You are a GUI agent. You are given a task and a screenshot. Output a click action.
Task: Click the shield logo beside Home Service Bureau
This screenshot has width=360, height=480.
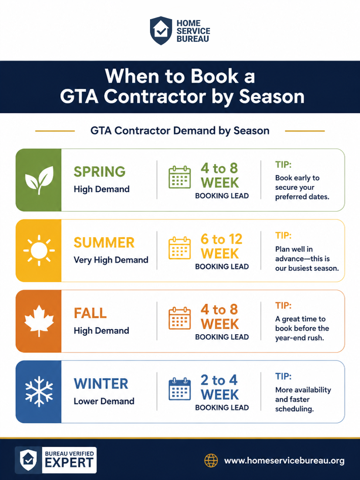(161, 30)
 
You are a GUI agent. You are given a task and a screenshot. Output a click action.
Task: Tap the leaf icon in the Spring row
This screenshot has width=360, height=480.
(39, 180)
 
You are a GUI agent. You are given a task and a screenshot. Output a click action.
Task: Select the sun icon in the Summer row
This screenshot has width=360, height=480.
(39, 250)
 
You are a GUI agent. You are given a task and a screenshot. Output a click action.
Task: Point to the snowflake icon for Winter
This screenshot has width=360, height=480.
(39, 391)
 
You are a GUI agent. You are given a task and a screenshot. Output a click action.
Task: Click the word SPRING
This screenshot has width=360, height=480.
(99, 172)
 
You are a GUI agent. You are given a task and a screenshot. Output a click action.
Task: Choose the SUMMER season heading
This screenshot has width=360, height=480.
(104, 242)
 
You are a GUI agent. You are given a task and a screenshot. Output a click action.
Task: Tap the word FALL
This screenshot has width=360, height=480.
(90, 313)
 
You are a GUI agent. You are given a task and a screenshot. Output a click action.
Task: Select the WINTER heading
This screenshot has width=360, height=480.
(101, 383)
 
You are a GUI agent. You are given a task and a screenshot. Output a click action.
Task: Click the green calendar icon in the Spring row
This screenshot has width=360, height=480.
(180, 177)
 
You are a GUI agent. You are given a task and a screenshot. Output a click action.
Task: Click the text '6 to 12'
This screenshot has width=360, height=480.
(221, 239)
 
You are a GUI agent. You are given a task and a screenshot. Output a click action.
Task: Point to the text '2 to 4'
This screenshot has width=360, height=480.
(219, 380)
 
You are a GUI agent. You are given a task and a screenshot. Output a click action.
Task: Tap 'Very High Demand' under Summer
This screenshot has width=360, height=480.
(111, 260)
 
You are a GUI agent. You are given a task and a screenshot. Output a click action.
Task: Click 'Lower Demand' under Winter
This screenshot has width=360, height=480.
(104, 401)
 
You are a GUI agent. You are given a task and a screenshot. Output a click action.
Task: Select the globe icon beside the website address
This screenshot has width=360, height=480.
(211, 460)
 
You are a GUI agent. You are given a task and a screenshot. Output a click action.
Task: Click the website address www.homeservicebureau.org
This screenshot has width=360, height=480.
(285, 461)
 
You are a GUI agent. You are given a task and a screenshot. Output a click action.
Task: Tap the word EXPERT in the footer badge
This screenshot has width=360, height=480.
(69, 463)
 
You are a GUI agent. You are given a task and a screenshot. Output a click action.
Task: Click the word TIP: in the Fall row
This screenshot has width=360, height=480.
(283, 306)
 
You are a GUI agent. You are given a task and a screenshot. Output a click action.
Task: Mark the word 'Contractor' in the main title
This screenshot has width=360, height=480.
(155, 97)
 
